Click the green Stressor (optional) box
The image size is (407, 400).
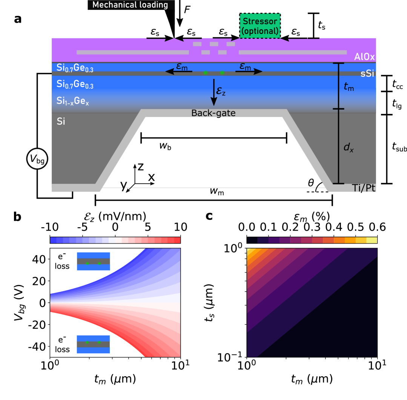click(260, 26)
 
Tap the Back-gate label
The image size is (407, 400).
click(213, 113)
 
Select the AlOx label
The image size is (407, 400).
click(364, 57)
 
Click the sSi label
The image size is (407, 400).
click(367, 74)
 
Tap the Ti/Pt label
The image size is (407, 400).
click(363, 187)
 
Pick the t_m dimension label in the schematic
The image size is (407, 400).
click(349, 87)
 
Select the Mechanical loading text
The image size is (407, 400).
click(130, 5)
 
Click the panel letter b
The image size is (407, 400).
click(17, 217)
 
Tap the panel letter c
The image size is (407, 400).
click(209, 216)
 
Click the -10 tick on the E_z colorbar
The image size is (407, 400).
click(49, 228)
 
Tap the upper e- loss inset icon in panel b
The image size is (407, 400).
click(93, 262)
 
